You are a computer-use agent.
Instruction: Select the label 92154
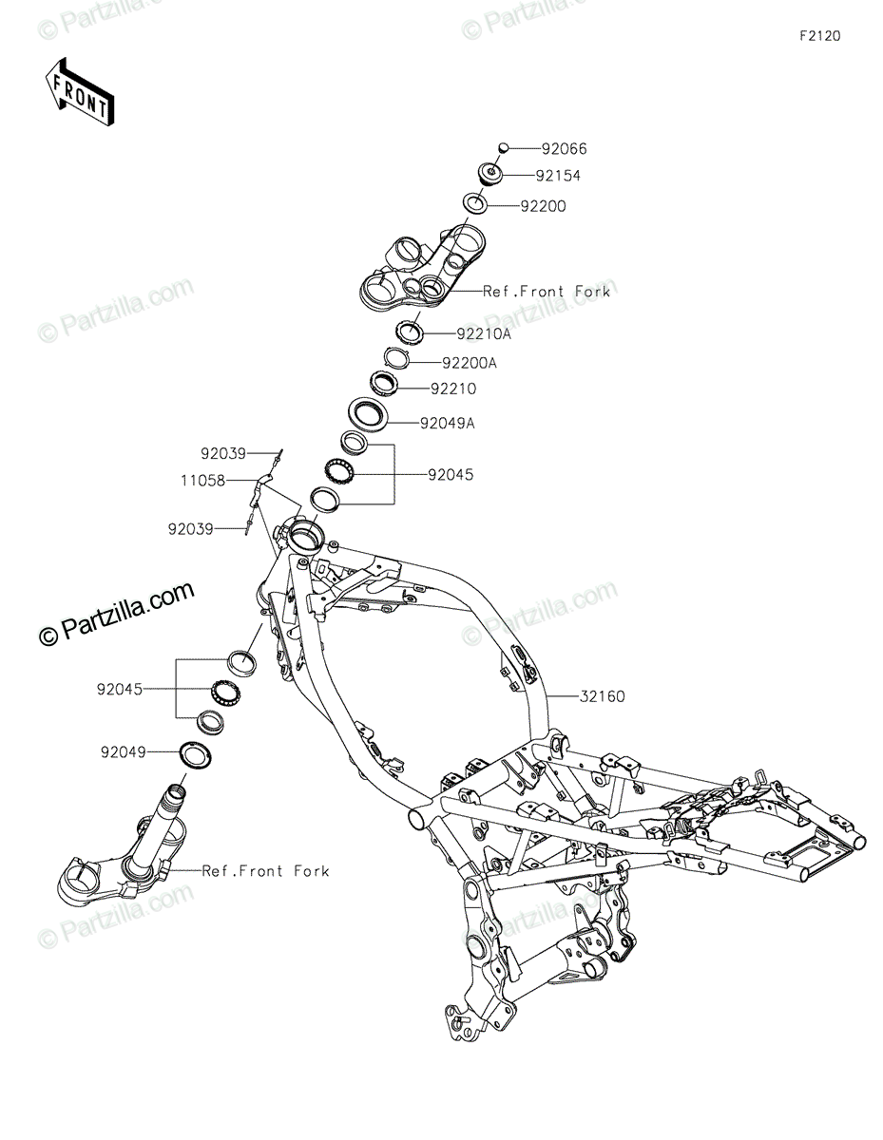coord(584,176)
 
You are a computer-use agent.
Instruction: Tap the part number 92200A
coord(469,362)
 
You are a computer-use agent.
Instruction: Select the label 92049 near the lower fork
coord(124,751)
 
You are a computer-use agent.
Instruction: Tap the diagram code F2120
coord(819,37)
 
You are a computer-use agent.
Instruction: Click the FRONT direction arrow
coord(80,93)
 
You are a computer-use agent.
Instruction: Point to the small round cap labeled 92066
coord(505,147)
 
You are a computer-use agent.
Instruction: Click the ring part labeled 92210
coord(383,384)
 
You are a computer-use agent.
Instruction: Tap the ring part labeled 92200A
coord(396,357)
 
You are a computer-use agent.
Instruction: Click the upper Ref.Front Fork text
coord(547,292)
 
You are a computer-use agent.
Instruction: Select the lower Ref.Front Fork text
coord(265,870)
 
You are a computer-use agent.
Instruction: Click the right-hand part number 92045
coord(450,474)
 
